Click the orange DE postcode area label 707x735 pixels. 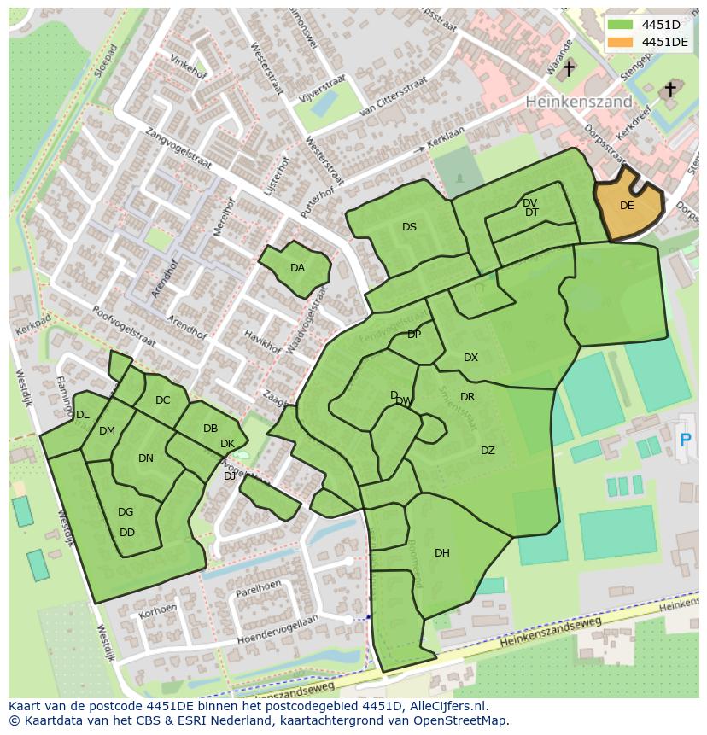click(x=627, y=206)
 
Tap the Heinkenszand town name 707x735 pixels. click(x=578, y=102)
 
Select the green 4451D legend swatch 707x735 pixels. click(x=621, y=25)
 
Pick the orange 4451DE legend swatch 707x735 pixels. click(x=621, y=42)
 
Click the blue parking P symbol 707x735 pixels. click(x=685, y=440)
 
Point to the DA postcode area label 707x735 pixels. click(x=297, y=268)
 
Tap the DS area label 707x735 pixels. click(x=409, y=227)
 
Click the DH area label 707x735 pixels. click(x=441, y=553)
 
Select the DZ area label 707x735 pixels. click(x=488, y=451)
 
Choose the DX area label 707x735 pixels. click(x=470, y=358)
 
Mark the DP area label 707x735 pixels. click(x=414, y=335)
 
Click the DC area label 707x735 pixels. click(x=163, y=400)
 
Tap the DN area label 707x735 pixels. click(x=146, y=458)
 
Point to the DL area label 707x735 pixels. click(x=82, y=415)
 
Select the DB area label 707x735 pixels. click(x=210, y=429)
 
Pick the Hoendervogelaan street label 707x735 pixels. click(x=277, y=630)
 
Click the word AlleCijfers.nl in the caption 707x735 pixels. click(x=447, y=706)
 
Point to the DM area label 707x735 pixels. click(x=107, y=431)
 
